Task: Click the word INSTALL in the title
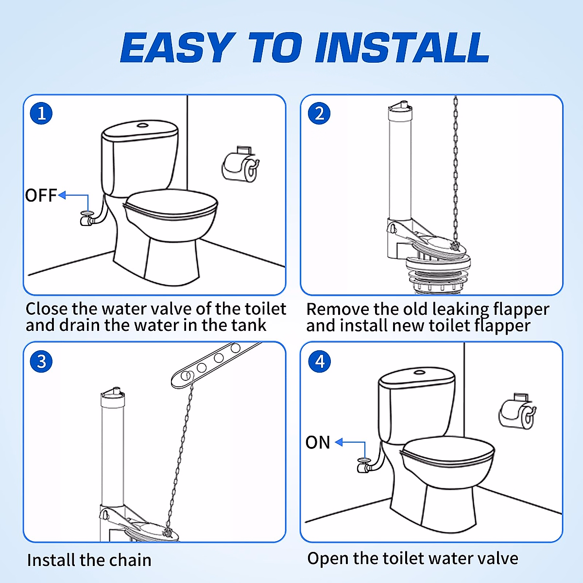point(402,48)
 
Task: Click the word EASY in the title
point(176,48)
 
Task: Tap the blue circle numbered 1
point(41,114)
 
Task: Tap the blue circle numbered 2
point(319,114)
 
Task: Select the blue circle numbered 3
point(41,361)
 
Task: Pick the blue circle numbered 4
point(319,361)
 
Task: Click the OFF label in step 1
point(41,195)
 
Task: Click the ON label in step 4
point(318,443)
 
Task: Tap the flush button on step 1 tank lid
point(142,125)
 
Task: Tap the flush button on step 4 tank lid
point(419,373)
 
